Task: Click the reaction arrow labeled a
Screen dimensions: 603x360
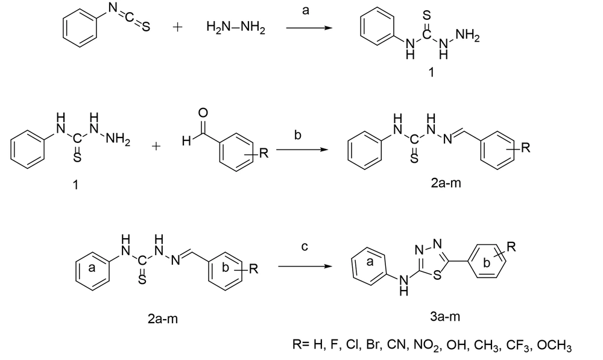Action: coord(309,28)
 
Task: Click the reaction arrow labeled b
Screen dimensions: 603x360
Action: coord(302,149)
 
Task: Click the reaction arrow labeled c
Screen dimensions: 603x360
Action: coord(305,266)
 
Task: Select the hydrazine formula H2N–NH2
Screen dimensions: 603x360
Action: coord(236,27)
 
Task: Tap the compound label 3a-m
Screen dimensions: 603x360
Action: coord(445,317)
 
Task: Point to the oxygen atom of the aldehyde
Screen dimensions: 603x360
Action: coord(203,113)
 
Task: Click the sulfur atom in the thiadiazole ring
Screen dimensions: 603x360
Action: coord(437,276)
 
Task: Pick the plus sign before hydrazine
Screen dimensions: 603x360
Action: coord(177,27)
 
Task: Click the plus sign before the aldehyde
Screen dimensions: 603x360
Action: coord(156,146)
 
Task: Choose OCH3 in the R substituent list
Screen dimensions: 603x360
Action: coord(554,344)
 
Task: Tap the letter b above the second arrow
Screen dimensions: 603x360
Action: coord(297,135)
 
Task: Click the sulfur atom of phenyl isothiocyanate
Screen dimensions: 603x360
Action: coord(146,27)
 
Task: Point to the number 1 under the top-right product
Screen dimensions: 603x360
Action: coord(432,72)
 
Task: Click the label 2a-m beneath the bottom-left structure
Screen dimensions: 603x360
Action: coord(163,319)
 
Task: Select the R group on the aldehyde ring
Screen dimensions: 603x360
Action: coord(264,153)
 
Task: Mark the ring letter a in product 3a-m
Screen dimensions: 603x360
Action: coord(370,262)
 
